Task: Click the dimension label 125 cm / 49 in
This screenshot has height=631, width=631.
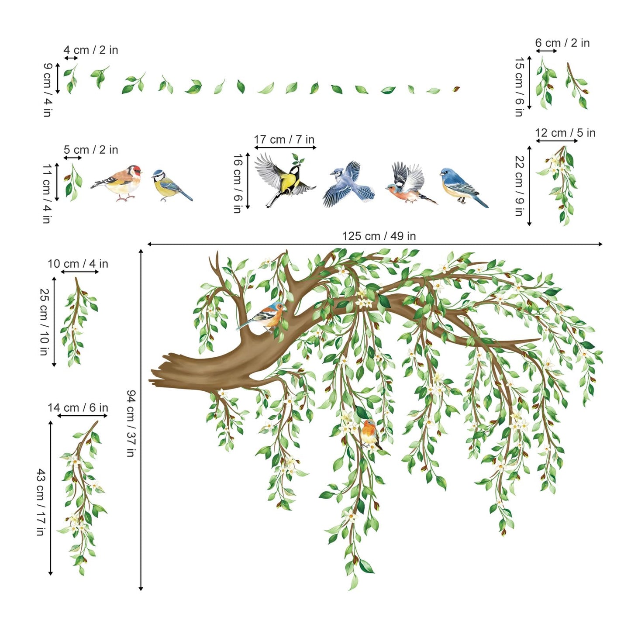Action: click(379, 236)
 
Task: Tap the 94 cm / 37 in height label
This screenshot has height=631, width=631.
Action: click(131, 423)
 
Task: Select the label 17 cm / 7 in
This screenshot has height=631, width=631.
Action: click(284, 139)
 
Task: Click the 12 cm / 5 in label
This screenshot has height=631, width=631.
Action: click(565, 133)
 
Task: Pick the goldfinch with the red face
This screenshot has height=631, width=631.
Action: click(116, 183)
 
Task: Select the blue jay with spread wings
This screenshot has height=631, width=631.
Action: click(349, 184)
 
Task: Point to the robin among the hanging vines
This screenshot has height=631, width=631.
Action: click(371, 434)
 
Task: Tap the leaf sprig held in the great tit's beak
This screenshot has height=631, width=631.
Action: click(298, 159)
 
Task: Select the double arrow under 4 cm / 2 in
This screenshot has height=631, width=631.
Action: click(71, 58)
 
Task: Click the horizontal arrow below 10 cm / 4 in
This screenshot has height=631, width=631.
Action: click(79, 272)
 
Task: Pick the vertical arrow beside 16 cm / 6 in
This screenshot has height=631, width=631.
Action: click(248, 180)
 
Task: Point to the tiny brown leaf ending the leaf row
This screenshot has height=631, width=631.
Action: click(456, 89)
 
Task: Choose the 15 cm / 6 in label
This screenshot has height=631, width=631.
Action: click(519, 87)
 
